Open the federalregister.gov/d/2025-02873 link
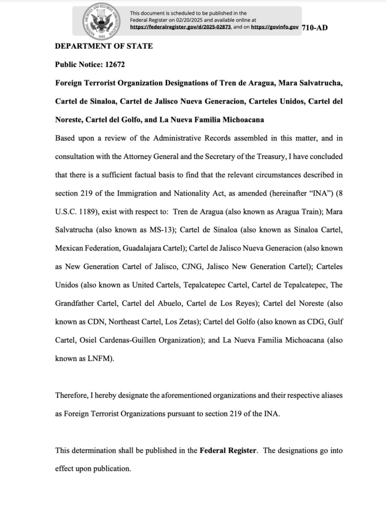pyautogui.click(x=180, y=26)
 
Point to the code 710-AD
pyautogui.click(x=314, y=27)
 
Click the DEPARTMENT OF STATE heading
pyautogui.click(x=104, y=46)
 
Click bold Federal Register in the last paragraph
pyautogui.click(x=228, y=450)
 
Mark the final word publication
pyautogui.click(x=111, y=468)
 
